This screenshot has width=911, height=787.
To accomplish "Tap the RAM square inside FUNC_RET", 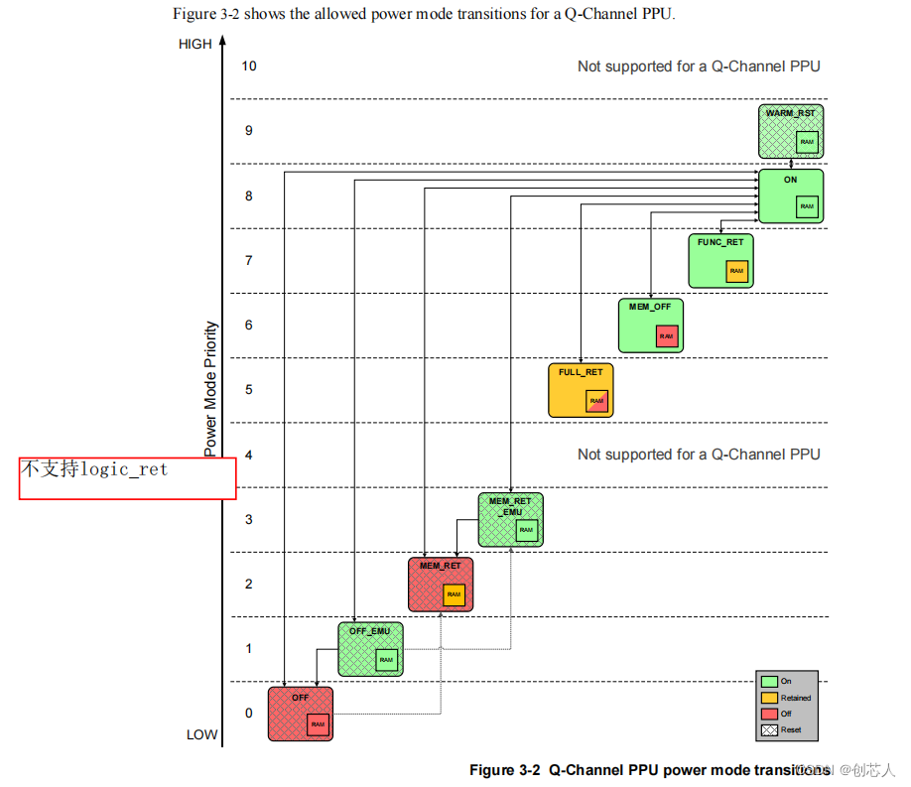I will click(735, 271).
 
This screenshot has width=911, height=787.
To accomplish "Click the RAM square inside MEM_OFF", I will click(666, 336).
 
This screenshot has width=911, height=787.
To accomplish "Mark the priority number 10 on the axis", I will click(249, 66).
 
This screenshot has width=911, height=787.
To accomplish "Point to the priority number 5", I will click(249, 390).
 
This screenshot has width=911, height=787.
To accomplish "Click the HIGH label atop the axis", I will click(195, 44).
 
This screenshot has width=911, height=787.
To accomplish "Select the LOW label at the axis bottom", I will click(201, 734).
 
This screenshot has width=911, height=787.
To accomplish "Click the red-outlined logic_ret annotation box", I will click(127, 477).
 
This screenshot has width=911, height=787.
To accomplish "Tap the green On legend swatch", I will click(769, 682).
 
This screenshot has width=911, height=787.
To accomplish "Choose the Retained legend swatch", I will click(769, 698).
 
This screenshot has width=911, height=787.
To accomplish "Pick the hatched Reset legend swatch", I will click(769, 729).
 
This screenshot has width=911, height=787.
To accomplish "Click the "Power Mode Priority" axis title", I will click(210, 388).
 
